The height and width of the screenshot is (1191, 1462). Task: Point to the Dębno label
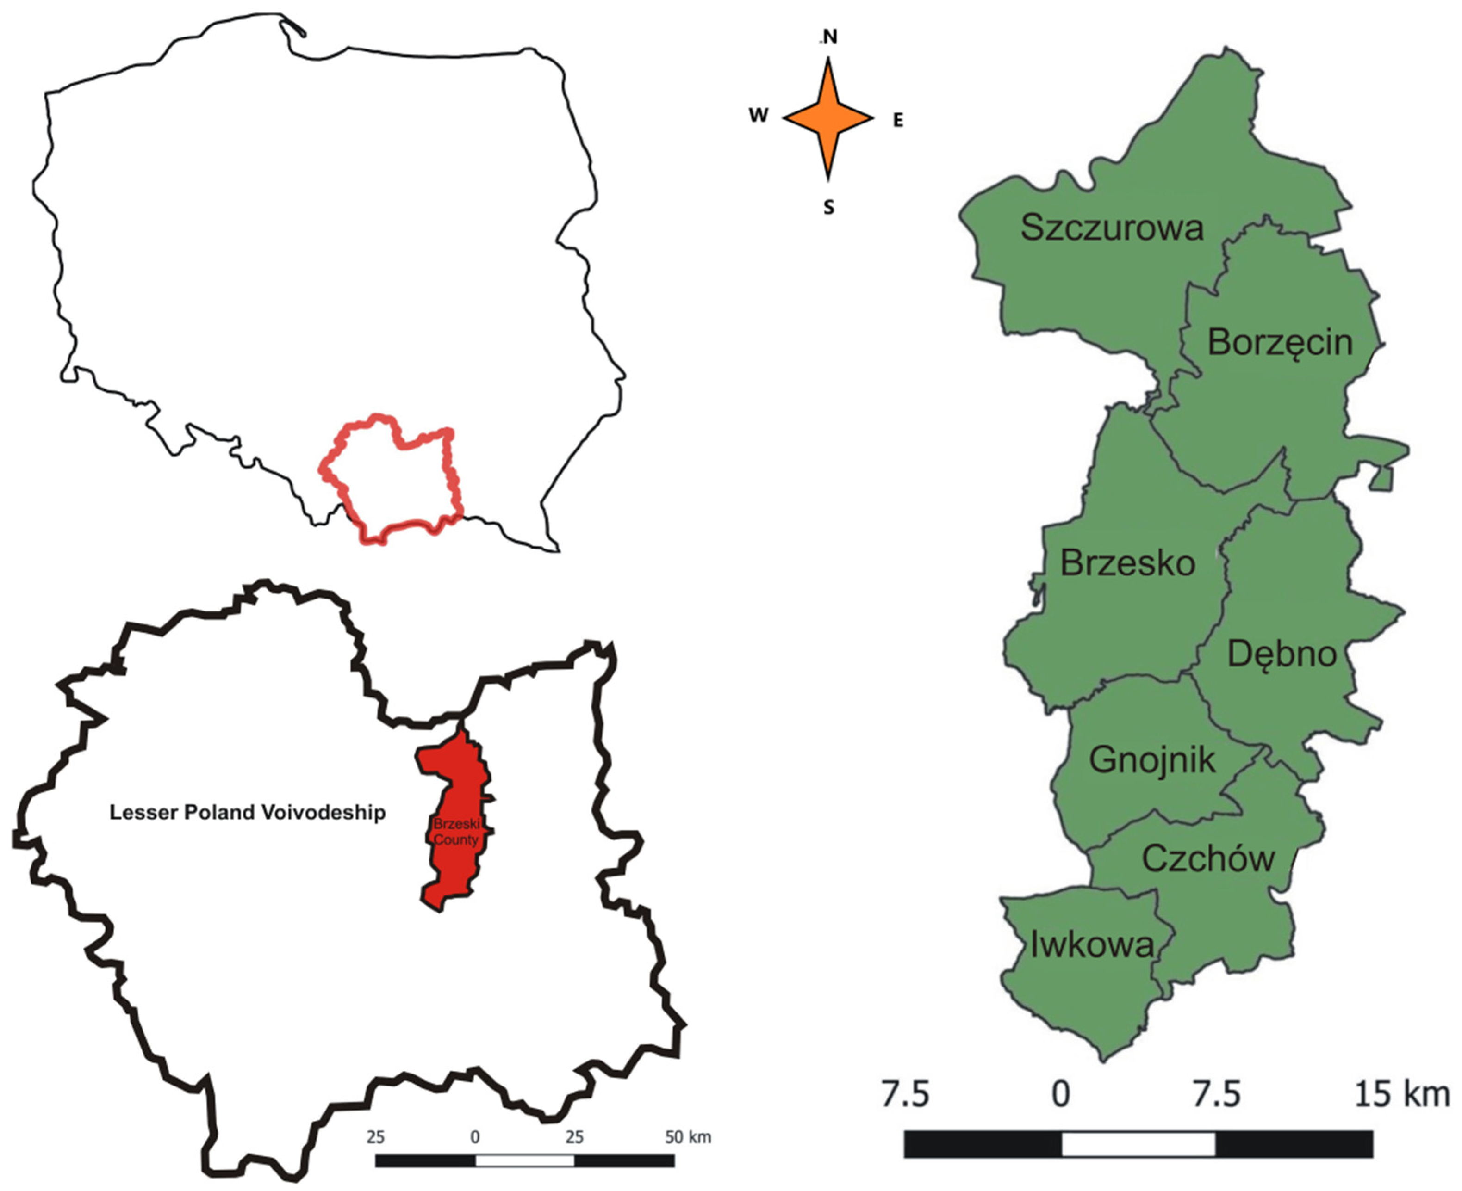1282,654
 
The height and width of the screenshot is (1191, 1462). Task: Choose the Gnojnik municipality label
1152,760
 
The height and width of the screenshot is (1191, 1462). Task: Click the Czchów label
1208,859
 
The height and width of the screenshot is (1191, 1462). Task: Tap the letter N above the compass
830,37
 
